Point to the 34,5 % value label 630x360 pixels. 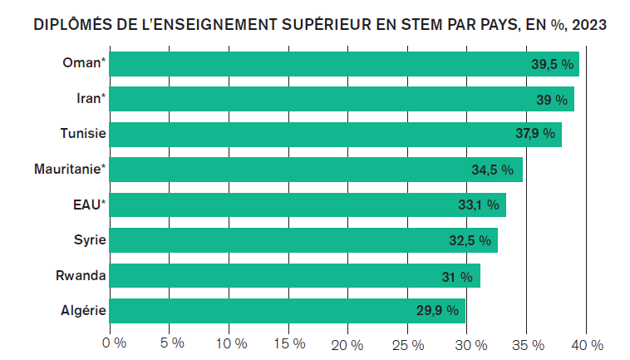[493, 170]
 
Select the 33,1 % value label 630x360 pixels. [478, 205]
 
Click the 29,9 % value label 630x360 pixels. [437, 311]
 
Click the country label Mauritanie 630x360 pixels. [70, 170]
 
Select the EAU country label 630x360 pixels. [86, 205]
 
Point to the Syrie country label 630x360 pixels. [89, 240]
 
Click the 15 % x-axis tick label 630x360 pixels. [289, 344]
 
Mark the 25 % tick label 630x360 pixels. [408, 344]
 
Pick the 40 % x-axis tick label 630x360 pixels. [586, 344]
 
